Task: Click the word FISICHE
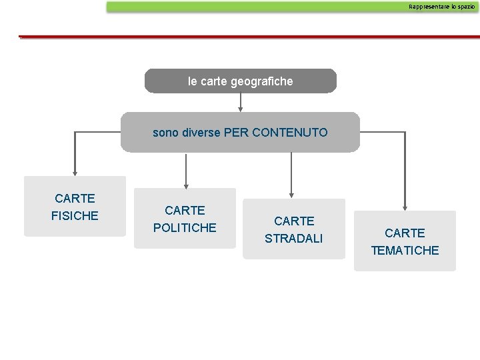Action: (x=75, y=215)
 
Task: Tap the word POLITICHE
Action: (x=185, y=227)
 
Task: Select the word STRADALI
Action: (x=294, y=238)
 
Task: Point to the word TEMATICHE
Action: (x=405, y=250)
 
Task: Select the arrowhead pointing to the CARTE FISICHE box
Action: (x=74, y=171)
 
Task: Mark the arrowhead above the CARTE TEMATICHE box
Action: (x=405, y=206)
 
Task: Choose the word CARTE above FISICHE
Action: (x=75, y=198)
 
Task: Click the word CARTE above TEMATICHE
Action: (x=405, y=233)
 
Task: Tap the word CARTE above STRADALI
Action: (x=294, y=221)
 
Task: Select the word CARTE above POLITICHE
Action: (x=185, y=210)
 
